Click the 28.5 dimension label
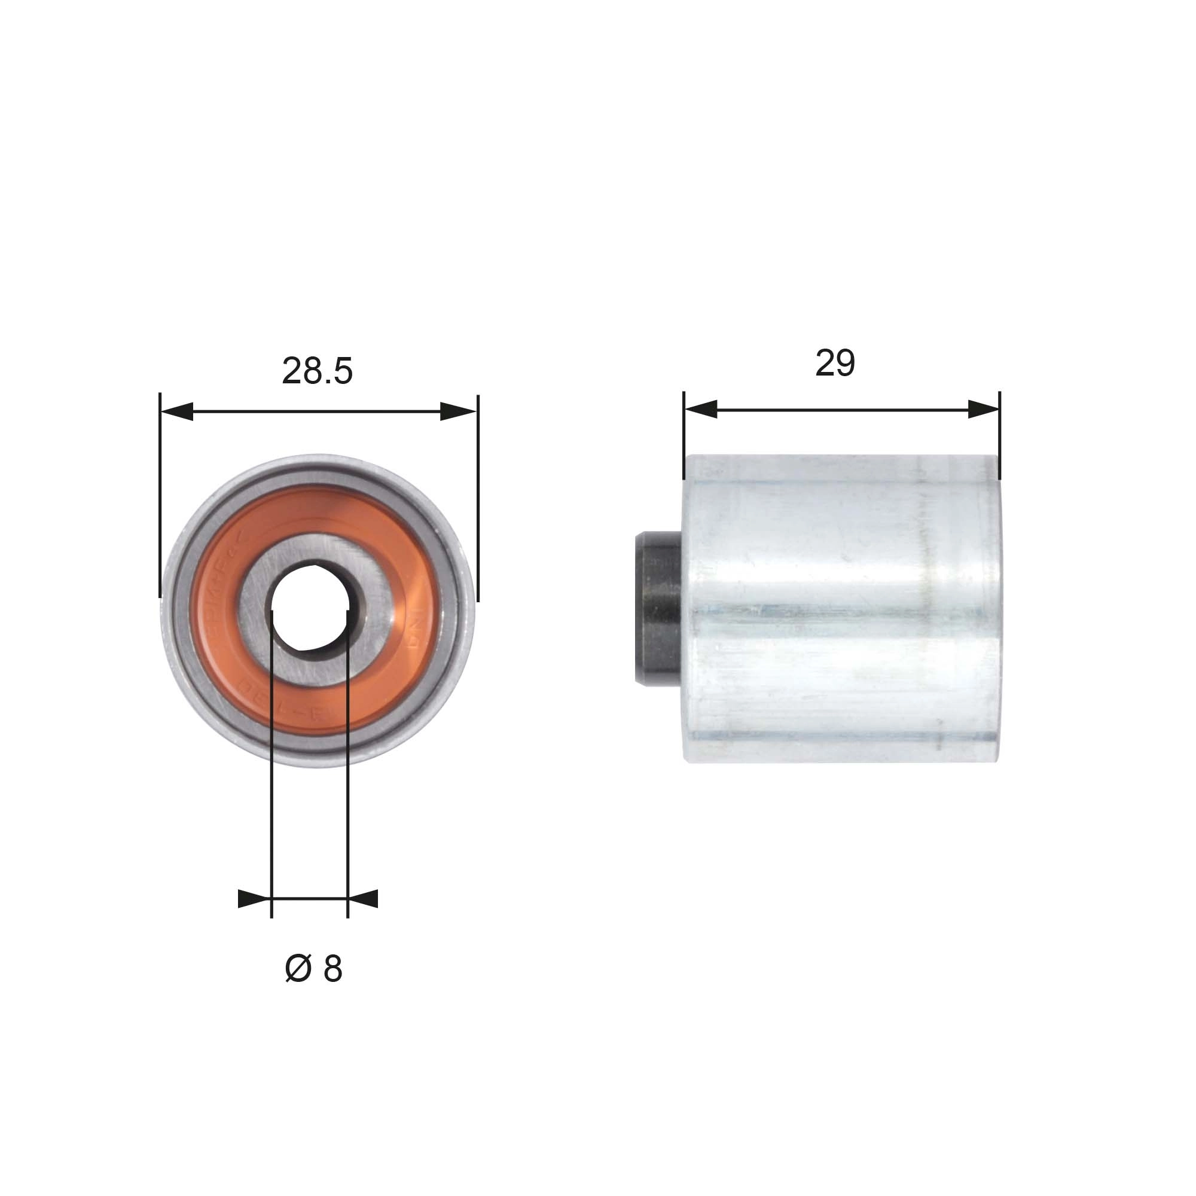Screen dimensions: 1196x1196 point(317,371)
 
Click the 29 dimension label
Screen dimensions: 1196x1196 point(834,364)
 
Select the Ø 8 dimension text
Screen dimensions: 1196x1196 point(313,969)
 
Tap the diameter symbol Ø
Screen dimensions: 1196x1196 point(297,969)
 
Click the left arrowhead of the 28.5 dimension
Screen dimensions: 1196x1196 point(176,411)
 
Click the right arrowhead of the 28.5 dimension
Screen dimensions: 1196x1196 point(458,411)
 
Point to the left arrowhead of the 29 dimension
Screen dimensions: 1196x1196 point(700,408)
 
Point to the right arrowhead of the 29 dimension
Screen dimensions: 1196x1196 point(984,408)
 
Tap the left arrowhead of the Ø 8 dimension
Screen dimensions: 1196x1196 point(254,899)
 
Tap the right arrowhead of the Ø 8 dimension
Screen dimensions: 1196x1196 point(364,899)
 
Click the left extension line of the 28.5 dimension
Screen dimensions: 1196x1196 point(160,495)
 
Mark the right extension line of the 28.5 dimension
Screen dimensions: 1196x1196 point(478,495)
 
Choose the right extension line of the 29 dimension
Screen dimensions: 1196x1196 point(999,434)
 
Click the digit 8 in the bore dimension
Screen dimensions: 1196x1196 point(332,969)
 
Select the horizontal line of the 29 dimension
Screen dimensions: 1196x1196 point(842,408)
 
